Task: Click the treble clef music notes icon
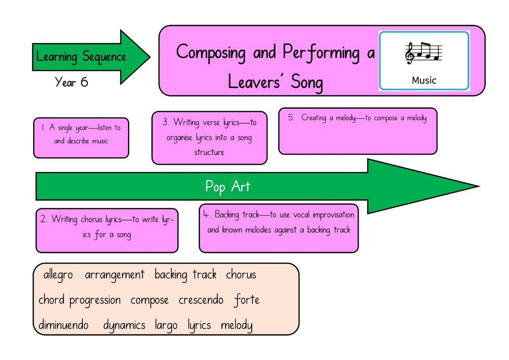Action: [424, 53]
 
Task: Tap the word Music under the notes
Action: [424, 80]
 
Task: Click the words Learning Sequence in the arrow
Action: [81, 57]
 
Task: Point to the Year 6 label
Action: [72, 82]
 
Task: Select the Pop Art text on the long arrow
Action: [228, 187]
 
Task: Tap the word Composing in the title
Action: [211, 53]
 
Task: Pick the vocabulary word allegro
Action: [58, 275]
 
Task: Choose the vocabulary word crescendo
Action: [201, 300]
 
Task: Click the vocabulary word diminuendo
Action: [63, 325]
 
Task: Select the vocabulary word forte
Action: [247, 300]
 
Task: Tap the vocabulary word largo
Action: [166, 326]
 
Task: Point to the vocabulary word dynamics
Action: [124, 326]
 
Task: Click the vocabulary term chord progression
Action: [80, 301]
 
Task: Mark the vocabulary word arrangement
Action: [115, 276]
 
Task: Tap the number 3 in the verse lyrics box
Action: [166, 122]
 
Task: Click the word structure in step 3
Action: [209, 152]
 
